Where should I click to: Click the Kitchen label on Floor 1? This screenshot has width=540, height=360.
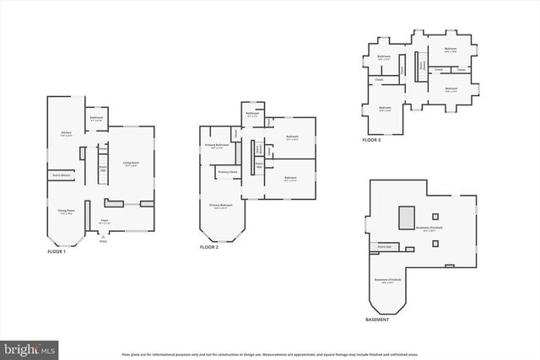coord(66,134)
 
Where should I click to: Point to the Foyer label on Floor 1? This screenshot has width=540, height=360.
coord(105,221)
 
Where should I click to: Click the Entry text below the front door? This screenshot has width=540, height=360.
coord(103,241)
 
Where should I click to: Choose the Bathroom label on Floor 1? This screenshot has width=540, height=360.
coord(97,119)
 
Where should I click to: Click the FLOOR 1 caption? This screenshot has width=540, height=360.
coord(57,251)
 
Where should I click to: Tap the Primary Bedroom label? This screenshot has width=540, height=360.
coord(221,207)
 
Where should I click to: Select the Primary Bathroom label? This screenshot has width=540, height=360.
coord(217,146)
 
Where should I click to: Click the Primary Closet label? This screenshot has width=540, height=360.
coord(227,172)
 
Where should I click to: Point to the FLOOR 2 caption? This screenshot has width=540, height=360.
coord(209,248)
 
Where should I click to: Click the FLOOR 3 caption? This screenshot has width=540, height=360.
coord(372,140)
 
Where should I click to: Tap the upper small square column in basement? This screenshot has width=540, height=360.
coord(436,215)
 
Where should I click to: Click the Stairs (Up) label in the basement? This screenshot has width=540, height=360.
coord(383,247)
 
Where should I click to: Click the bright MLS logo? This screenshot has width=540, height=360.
coord(30,347)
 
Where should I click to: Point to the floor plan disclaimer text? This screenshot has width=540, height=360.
coord(269,355)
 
